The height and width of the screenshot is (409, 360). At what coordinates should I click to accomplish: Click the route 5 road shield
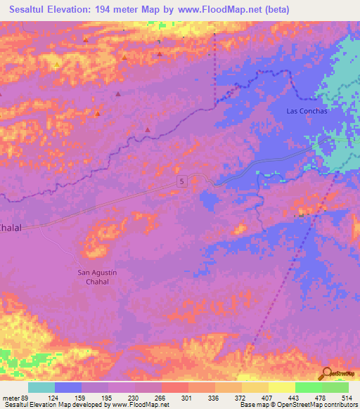click(182, 181)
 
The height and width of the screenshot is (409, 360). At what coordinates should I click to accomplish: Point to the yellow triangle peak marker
click(56, 65)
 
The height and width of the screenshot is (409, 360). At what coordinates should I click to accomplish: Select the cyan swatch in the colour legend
click(41, 387)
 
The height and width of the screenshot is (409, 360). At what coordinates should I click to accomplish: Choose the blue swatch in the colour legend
click(67, 387)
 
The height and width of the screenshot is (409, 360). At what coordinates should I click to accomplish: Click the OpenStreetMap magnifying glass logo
click(326, 374)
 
